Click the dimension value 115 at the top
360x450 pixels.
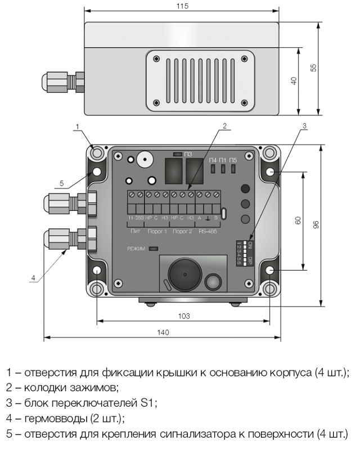tap(182, 6)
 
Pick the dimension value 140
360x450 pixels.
tap(162, 333)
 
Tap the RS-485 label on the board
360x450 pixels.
tap(209, 231)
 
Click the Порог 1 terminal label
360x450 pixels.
tap(157, 231)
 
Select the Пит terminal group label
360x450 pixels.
tap(135, 231)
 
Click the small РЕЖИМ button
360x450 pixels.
tap(154, 248)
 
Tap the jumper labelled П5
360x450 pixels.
tap(233, 168)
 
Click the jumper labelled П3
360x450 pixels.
tap(177, 154)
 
